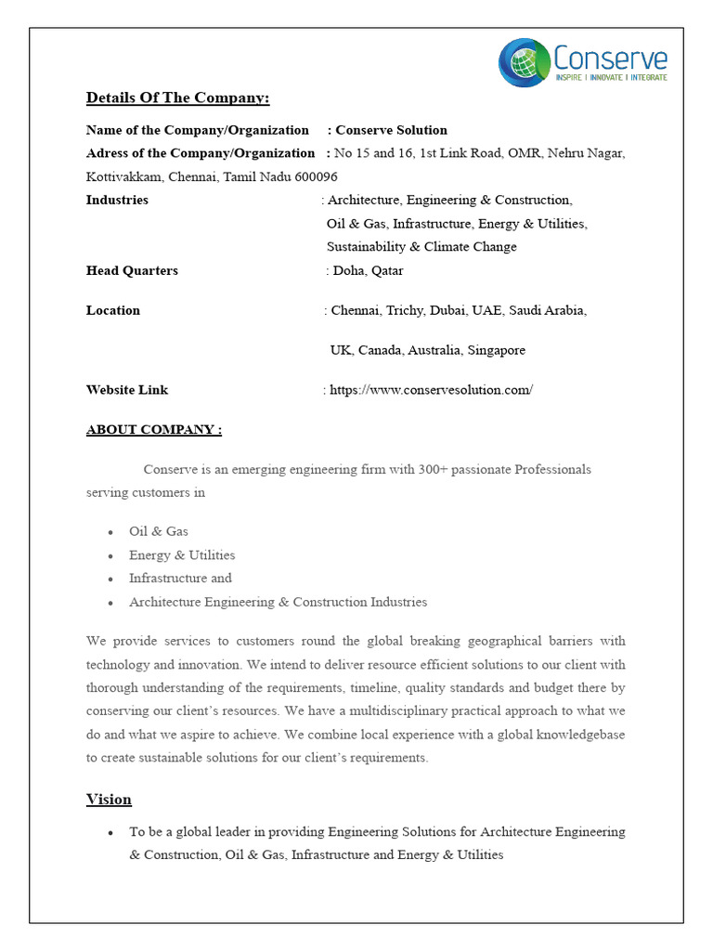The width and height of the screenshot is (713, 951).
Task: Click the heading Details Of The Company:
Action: (x=177, y=98)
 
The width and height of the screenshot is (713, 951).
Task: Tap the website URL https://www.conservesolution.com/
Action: (x=432, y=390)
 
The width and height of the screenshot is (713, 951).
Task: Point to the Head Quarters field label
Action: (x=132, y=271)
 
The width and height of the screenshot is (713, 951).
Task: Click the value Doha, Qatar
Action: (x=368, y=271)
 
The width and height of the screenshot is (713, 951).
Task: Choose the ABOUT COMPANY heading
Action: (x=154, y=430)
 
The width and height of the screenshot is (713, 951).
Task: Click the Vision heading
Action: (x=109, y=800)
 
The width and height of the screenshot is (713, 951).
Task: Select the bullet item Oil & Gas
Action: (x=159, y=531)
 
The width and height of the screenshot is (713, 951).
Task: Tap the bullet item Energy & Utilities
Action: (x=182, y=555)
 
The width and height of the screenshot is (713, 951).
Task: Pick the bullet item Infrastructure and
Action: (x=180, y=579)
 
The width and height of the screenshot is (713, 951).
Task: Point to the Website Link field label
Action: (x=127, y=390)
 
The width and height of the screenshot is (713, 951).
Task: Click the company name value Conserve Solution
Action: (x=391, y=130)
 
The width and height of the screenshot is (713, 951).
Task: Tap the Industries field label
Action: (x=117, y=200)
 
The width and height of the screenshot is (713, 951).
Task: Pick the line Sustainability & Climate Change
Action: (x=421, y=247)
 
